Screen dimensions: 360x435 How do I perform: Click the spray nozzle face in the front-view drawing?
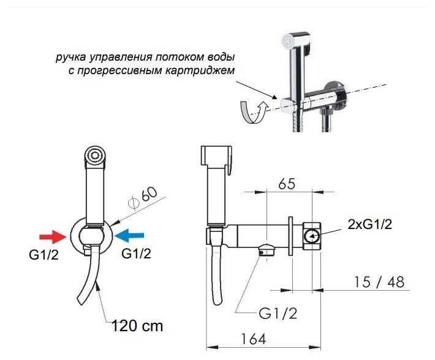coord(94,155)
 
